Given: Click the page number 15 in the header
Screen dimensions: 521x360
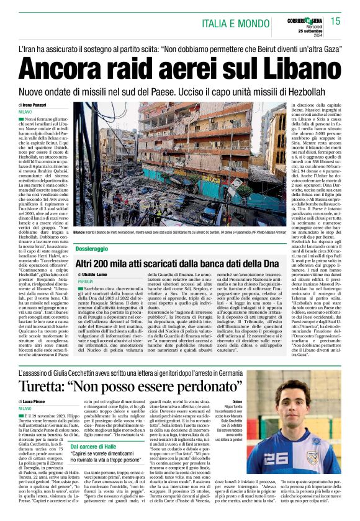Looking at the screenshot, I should click(335, 22).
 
